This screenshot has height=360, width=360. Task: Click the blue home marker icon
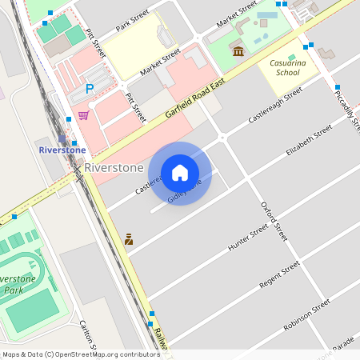180,173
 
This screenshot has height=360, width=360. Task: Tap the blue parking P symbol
90,89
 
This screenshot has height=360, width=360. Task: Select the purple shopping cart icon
83,115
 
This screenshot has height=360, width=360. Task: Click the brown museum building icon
238,52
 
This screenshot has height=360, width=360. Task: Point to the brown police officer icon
128,238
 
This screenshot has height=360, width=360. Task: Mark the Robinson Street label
306,314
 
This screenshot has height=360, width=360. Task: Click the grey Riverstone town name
114,168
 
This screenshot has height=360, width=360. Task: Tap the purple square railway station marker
62,138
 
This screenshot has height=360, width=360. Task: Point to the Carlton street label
87,334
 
